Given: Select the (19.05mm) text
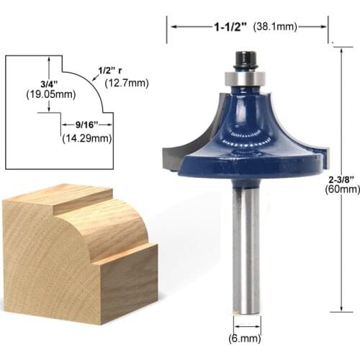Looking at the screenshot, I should click(x=46, y=94).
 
